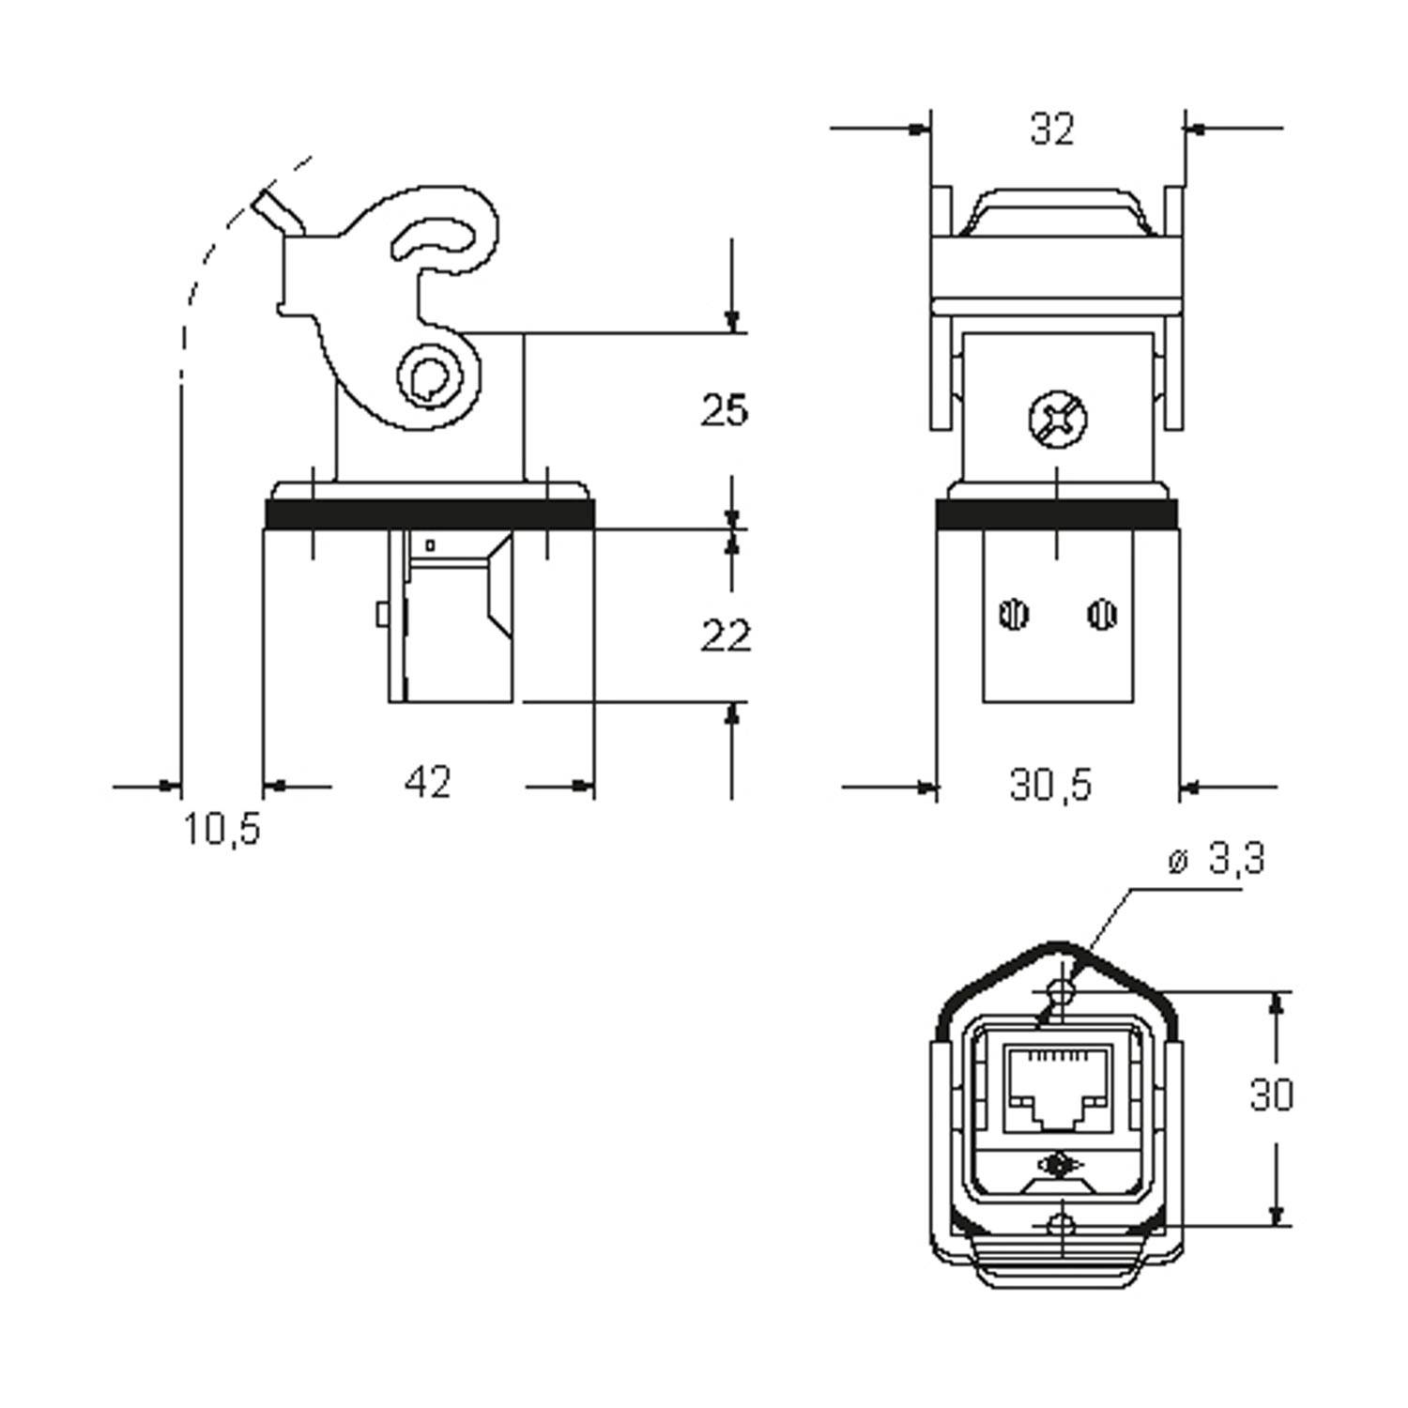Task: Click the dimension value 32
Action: point(1051,129)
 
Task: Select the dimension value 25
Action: point(725,410)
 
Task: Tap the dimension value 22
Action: point(726,636)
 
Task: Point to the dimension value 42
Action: point(428,782)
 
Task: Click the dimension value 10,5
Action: point(221,829)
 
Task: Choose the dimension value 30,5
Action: point(1051,784)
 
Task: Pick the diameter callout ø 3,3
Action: point(1217,859)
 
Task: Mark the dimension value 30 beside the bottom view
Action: point(1272,1094)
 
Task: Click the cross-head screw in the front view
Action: point(1058,420)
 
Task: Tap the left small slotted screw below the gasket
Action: point(1014,616)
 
